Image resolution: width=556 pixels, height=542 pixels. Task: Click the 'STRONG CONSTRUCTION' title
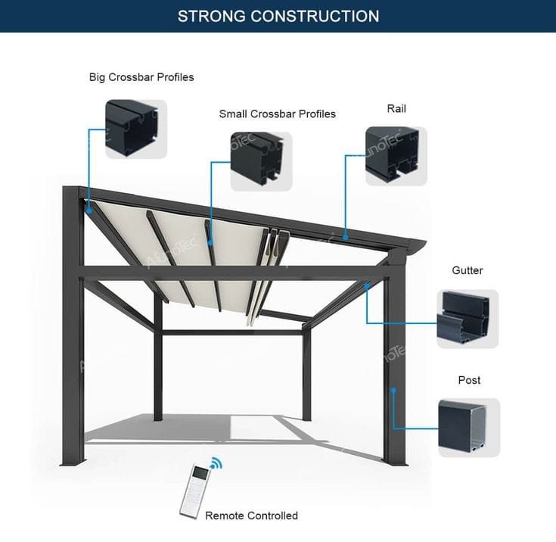(x=278, y=16)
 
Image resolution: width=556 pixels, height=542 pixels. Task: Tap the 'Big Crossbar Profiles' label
(x=141, y=77)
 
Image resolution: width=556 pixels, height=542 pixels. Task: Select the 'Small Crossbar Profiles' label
(x=277, y=114)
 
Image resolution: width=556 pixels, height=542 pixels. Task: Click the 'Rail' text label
(x=396, y=109)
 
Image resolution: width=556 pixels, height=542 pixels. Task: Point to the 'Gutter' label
(x=467, y=270)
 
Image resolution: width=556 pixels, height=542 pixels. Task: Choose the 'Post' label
(x=469, y=380)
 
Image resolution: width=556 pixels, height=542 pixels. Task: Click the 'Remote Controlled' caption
(x=251, y=516)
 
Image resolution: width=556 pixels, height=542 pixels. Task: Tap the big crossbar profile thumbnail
(x=135, y=129)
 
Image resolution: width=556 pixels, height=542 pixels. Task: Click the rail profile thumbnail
(x=396, y=155)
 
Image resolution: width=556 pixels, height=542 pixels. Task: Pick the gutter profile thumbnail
(x=467, y=319)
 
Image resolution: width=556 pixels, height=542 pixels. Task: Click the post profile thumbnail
(x=469, y=427)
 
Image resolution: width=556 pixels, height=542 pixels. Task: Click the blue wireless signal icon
(x=218, y=463)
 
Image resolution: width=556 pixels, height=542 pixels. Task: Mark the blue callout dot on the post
(x=393, y=391)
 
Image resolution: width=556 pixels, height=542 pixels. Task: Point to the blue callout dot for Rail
(x=345, y=238)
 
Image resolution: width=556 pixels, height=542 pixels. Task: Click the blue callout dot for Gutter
(x=367, y=287)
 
